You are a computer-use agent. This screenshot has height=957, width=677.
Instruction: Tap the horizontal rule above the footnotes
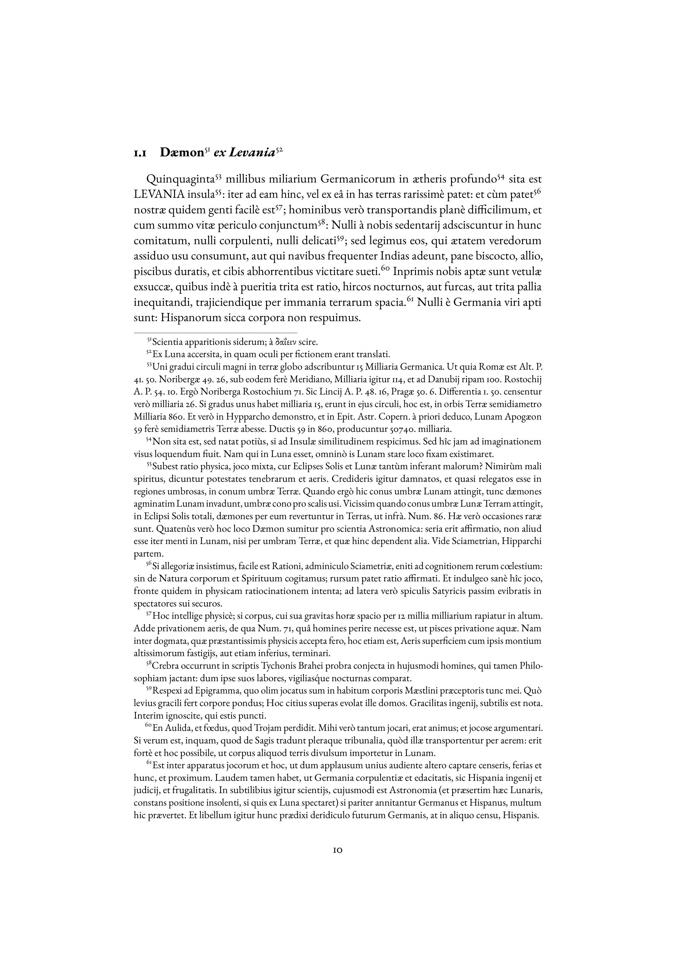215,333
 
